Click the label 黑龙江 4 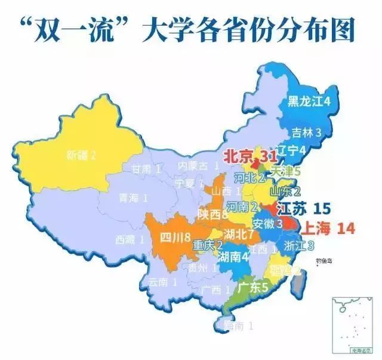(x=309, y=101)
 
